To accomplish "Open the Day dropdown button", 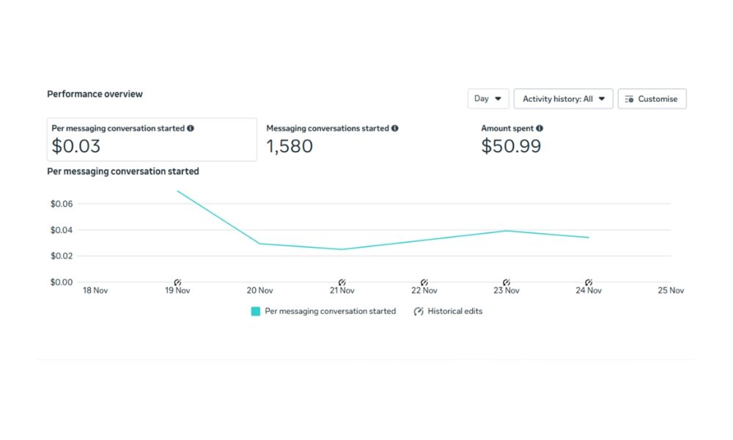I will click(x=488, y=99).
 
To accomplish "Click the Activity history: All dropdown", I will click(x=563, y=99).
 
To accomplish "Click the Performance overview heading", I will click(x=95, y=94).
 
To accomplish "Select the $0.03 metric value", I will click(x=75, y=146).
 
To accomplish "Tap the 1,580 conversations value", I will click(x=289, y=146).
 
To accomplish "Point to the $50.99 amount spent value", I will click(x=511, y=146).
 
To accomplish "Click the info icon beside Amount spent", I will click(x=539, y=128).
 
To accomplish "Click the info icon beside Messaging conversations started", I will click(x=394, y=128).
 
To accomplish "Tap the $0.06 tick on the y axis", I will click(x=62, y=204).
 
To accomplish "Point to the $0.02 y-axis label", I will click(x=62, y=256).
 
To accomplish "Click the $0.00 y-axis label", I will click(x=62, y=282).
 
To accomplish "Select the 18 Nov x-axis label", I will click(x=95, y=290).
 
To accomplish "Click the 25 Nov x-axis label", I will click(x=671, y=290).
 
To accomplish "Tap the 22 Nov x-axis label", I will click(x=424, y=290).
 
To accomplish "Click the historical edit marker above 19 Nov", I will click(x=177, y=282).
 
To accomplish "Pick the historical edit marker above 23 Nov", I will click(x=507, y=282).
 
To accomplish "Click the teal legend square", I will click(x=256, y=311).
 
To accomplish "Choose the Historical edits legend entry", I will click(x=448, y=311).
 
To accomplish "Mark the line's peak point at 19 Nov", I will click(x=177, y=191).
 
